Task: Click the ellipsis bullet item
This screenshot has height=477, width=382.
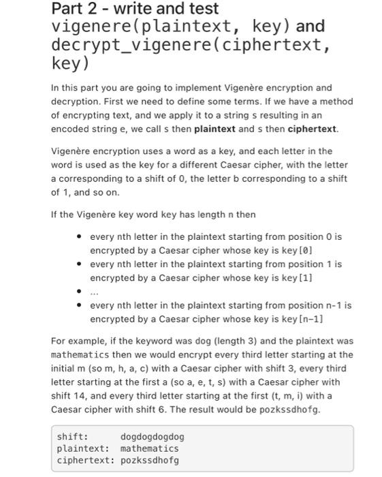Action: click(95, 292)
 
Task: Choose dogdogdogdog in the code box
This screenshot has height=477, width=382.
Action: click(152, 437)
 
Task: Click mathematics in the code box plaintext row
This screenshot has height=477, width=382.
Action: click(149, 448)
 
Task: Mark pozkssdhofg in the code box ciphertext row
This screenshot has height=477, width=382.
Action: click(149, 460)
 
